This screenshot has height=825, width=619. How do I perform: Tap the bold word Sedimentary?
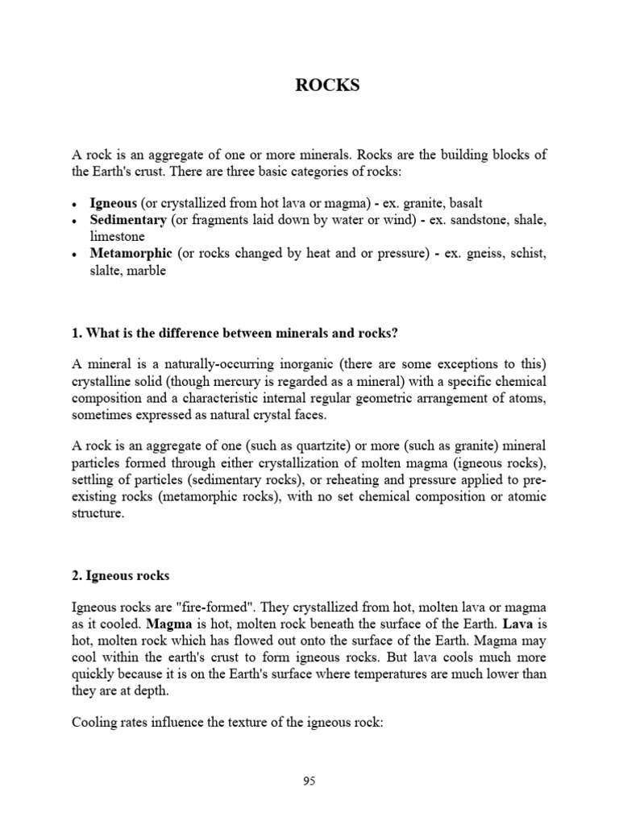click(x=128, y=220)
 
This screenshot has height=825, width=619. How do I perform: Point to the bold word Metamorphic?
click(x=131, y=254)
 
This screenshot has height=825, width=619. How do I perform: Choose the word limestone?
click(x=117, y=237)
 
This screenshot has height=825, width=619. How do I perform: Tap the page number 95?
click(x=309, y=781)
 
